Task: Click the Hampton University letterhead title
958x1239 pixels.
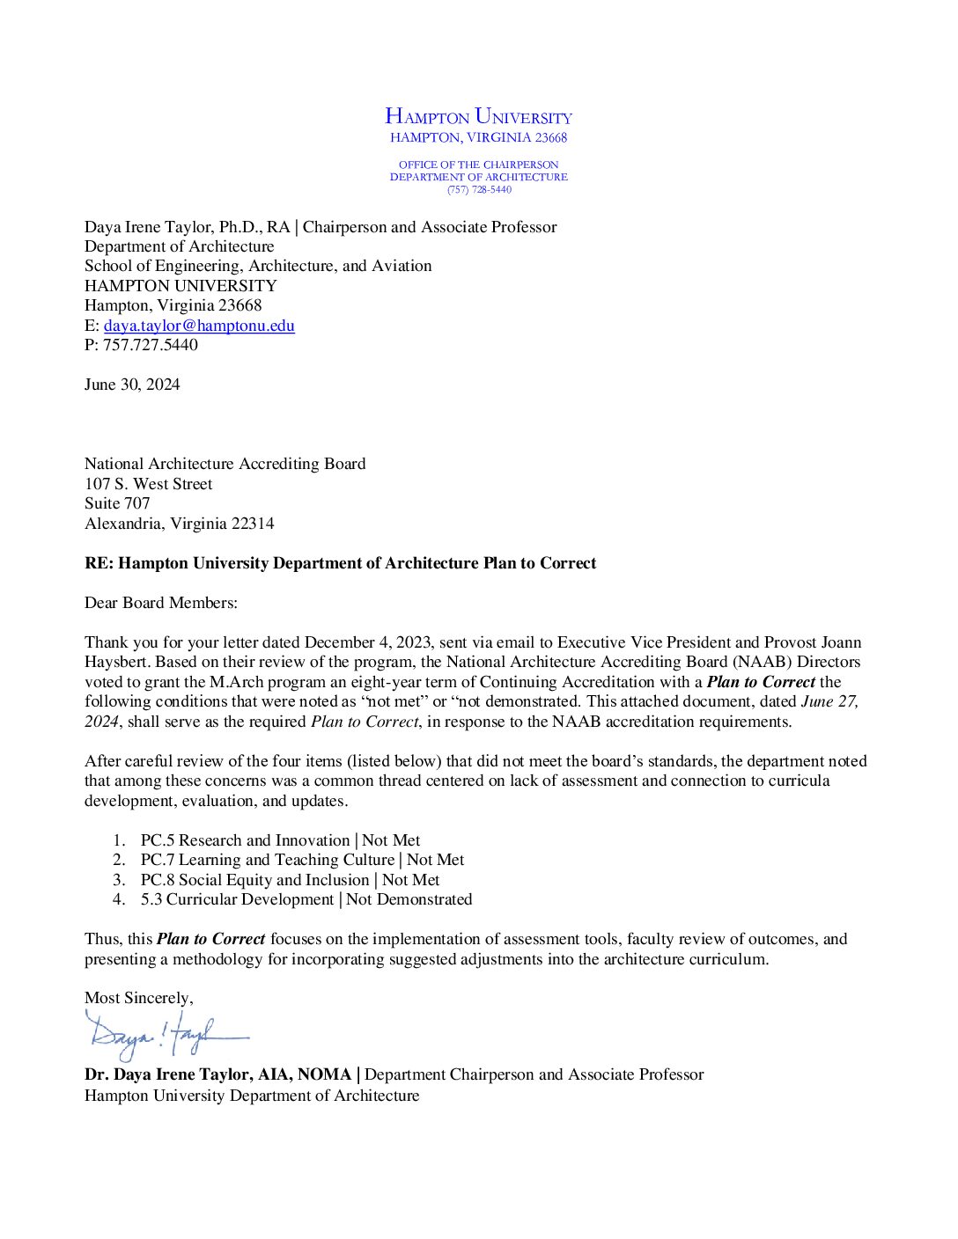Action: click(478, 116)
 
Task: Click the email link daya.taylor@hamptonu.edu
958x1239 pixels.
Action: click(199, 326)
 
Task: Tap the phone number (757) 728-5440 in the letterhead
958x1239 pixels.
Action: click(479, 190)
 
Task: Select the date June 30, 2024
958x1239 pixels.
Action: click(132, 385)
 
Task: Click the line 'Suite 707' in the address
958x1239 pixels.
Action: click(117, 503)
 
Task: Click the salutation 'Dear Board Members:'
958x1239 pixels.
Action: click(161, 603)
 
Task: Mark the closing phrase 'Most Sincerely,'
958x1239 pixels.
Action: click(138, 998)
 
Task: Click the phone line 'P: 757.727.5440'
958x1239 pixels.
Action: click(141, 345)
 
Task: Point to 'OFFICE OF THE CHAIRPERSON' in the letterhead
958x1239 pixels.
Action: click(478, 165)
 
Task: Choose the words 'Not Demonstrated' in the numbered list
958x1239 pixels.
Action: click(409, 899)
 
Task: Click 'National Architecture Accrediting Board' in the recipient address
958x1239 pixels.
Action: click(225, 464)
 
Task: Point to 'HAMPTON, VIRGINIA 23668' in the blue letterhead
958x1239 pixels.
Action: click(478, 138)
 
